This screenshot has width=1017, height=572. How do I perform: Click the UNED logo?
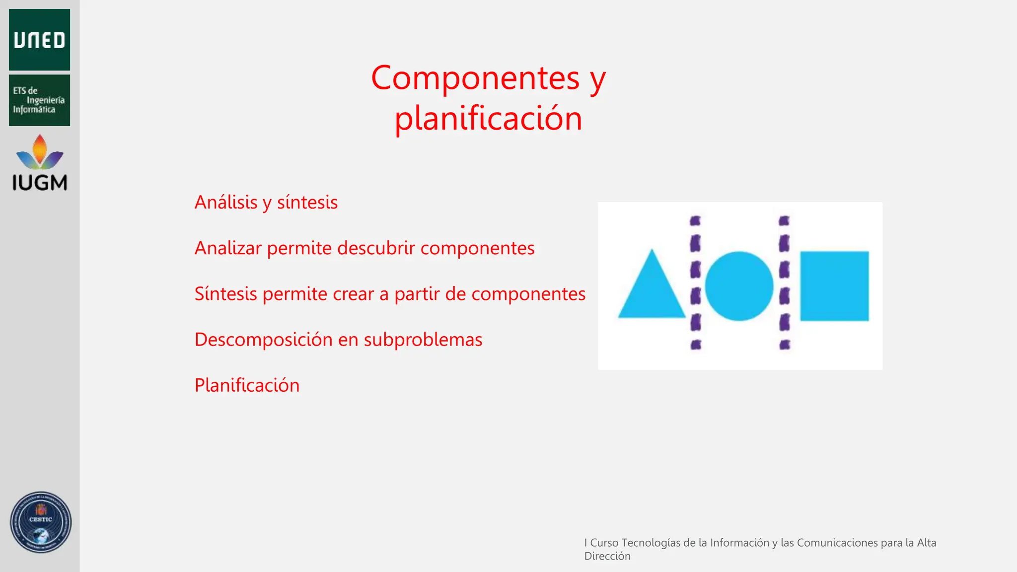tap(39, 40)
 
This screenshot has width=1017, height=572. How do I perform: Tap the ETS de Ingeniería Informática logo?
tap(39, 100)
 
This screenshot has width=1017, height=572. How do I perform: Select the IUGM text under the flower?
tap(40, 183)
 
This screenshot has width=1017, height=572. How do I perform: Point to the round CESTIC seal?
tap(41, 522)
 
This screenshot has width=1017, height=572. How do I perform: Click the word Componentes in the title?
tap(475, 78)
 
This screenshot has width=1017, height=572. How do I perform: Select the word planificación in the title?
tap(488, 119)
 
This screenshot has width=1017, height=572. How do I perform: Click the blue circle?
tap(739, 286)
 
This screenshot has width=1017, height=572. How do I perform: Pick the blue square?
tap(834, 286)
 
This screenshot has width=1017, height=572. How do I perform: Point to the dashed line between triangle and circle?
tap(696, 283)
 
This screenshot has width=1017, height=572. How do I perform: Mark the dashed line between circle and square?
tap(784, 283)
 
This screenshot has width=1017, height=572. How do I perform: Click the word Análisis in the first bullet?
tap(226, 203)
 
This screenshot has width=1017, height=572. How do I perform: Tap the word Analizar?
tap(228, 248)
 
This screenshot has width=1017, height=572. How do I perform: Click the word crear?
tap(353, 294)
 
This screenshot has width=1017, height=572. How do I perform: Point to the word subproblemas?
tap(423, 340)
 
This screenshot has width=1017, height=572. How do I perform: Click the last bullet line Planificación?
tap(247, 385)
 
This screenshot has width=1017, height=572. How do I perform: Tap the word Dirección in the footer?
tap(607, 556)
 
